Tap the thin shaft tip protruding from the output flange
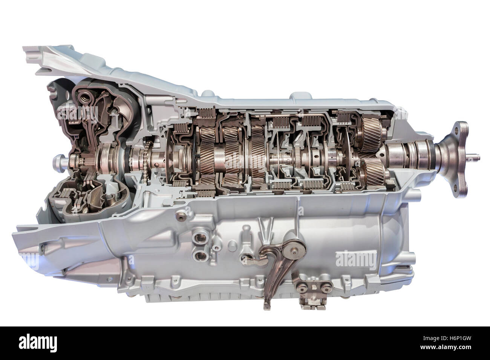tap(476, 155)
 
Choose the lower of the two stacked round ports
tap(197, 256)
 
